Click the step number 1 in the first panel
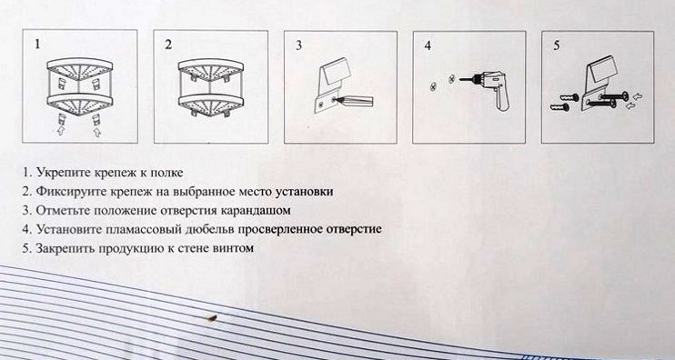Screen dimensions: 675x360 38,45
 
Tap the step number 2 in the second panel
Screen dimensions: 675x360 168,45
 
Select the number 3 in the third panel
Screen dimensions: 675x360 298,46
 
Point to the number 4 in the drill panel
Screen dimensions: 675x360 428,45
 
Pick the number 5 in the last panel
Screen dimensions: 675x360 557,45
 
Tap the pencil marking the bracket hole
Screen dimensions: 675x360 354,101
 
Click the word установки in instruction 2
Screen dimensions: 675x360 305,192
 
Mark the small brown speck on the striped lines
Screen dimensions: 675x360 211,318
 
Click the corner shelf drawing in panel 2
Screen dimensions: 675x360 209,88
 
